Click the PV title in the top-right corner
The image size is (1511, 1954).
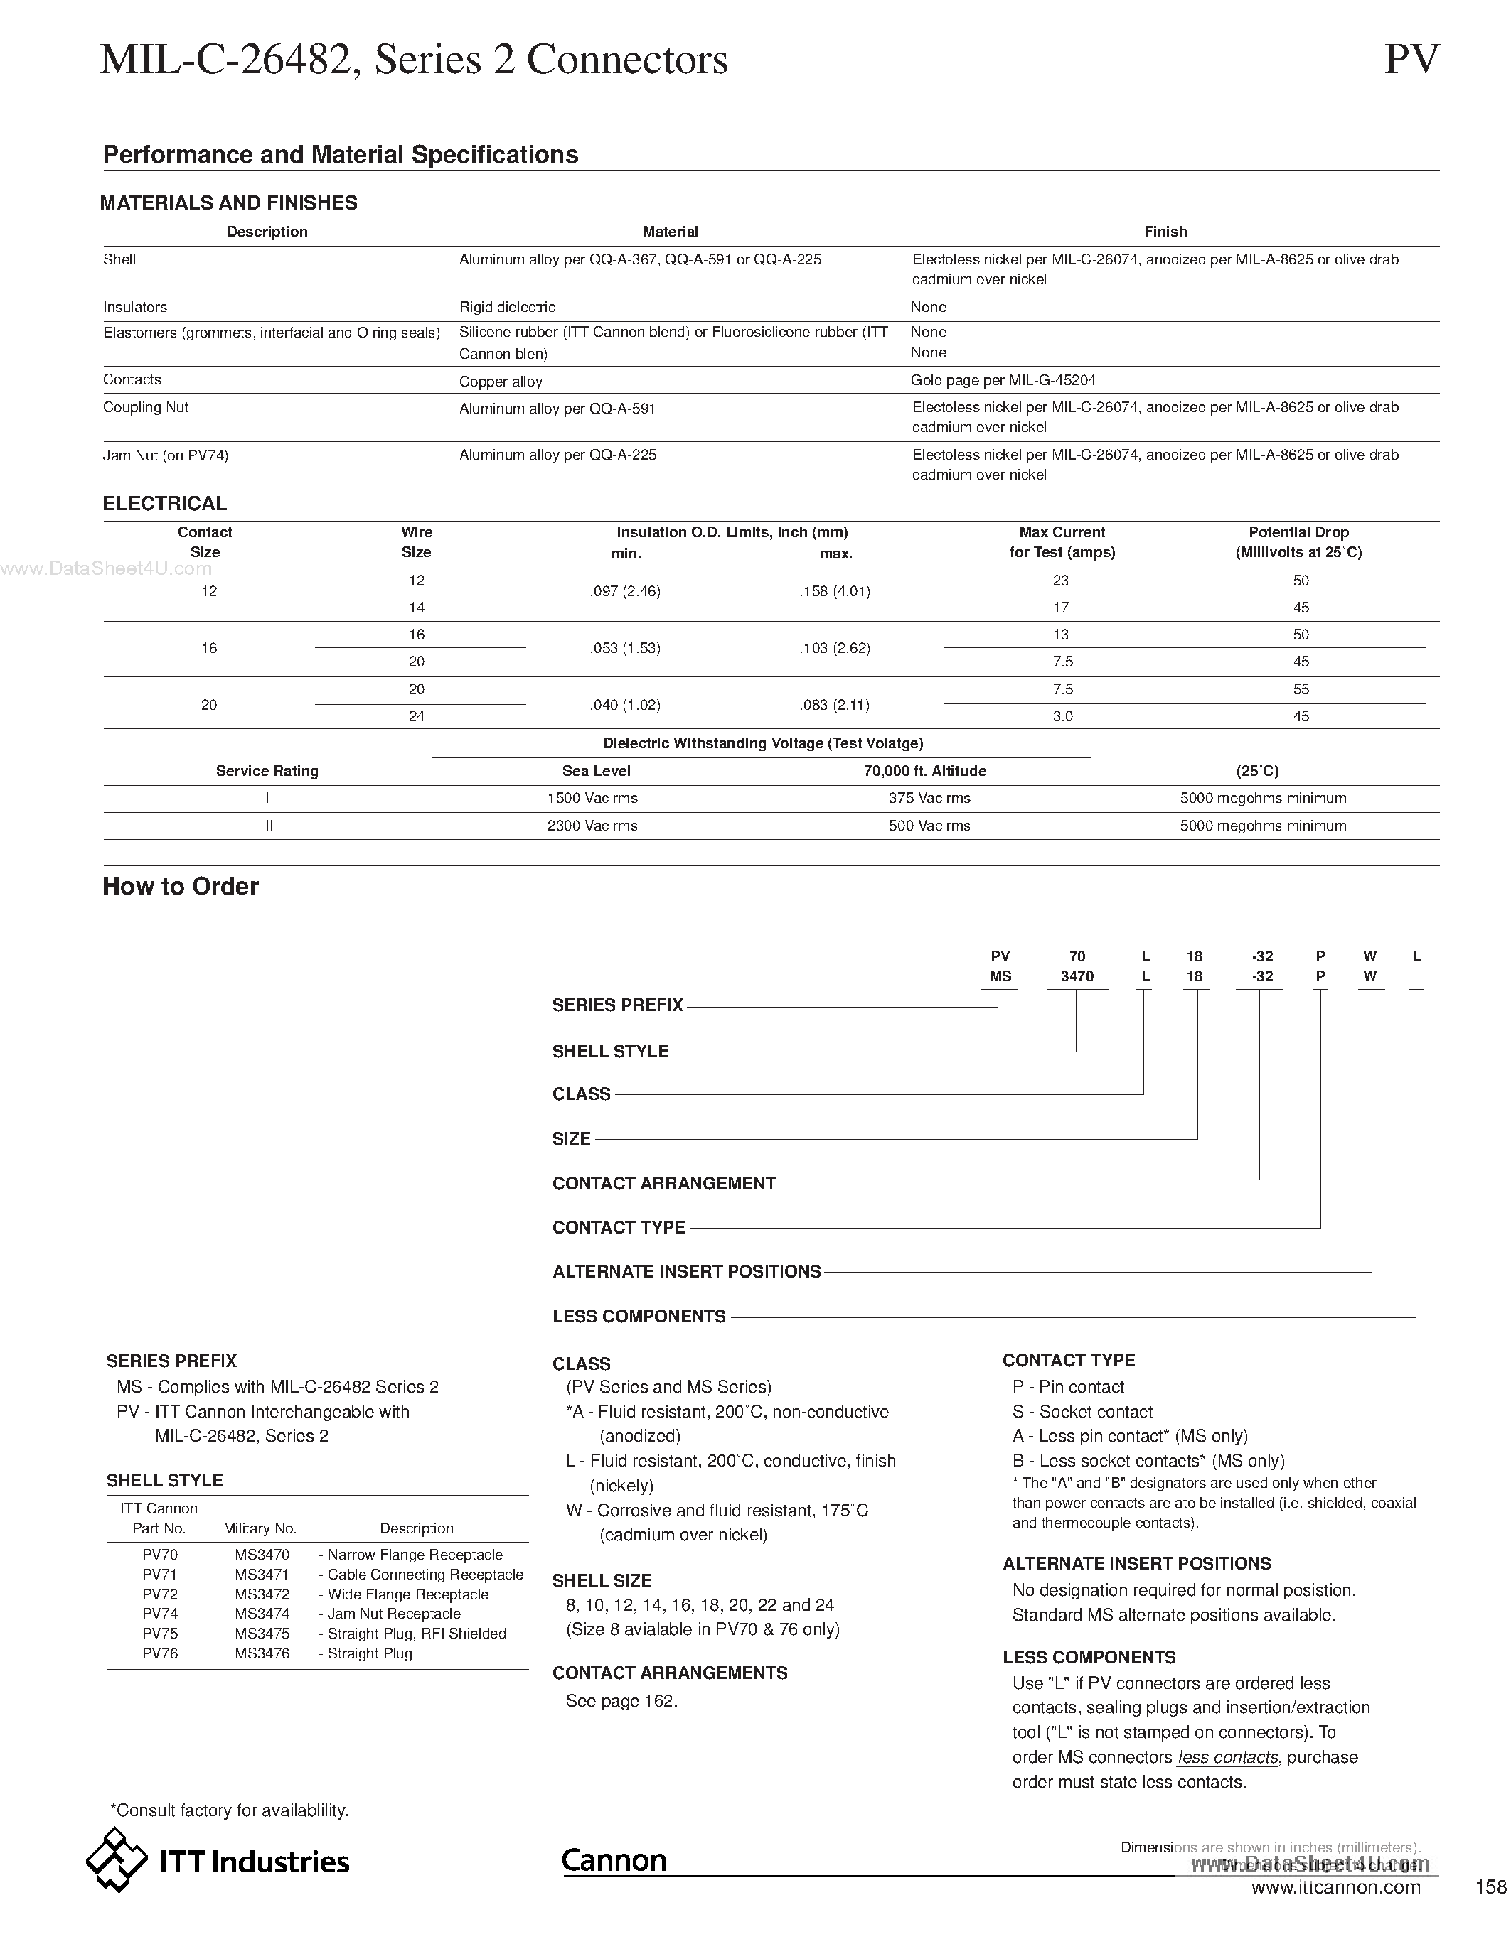point(1411,60)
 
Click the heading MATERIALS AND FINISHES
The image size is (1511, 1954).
point(228,203)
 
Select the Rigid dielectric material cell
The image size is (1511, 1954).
point(507,307)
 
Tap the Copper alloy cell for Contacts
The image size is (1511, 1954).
point(501,381)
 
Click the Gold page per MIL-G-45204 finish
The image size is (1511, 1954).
point(1003,380)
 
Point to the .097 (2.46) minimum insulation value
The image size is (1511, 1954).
point(625,591)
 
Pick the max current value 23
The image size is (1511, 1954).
point(1061,581)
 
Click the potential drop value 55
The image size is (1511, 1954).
point(1301,689)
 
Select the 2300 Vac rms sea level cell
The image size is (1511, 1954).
point(592,826)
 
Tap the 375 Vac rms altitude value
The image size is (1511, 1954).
point(929,798)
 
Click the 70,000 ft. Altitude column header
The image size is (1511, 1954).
point(924,770)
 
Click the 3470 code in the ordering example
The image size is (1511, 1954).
point(1077,977)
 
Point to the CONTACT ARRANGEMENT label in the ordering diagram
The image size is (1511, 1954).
point(663,1183)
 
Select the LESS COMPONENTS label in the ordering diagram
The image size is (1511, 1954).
point(639,1316)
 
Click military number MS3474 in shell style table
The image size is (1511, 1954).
point(262,1614)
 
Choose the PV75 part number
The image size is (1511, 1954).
point(160,1634)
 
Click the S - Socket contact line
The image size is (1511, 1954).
point(1082,1412)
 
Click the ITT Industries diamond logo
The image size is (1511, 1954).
point(117,1861)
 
